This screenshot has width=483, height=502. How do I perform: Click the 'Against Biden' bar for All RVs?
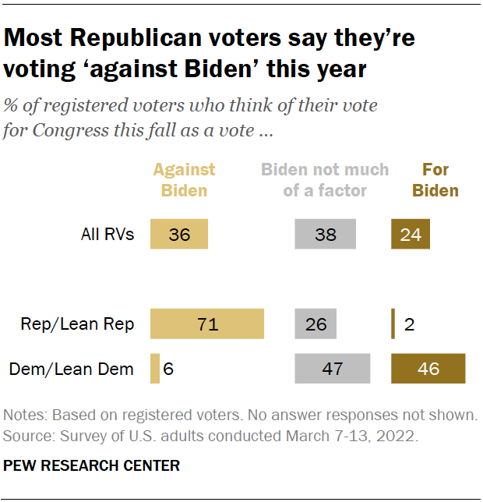[x=179, y=235]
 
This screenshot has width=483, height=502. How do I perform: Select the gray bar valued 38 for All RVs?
[x=325, y=235]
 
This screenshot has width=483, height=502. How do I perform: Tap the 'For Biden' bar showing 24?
[x=411, y=235]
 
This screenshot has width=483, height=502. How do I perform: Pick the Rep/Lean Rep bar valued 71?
[x=207, y=323]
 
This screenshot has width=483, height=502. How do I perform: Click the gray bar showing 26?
[x=316, y=323]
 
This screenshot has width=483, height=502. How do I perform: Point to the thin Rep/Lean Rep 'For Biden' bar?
[x=393, y=323]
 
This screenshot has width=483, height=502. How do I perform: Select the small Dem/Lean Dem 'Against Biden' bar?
[x=155, y=368]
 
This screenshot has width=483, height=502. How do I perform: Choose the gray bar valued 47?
[x=332, y=368]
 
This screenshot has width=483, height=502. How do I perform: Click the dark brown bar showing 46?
[x=428, y=368]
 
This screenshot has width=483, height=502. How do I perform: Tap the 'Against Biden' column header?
[x=184, y=179]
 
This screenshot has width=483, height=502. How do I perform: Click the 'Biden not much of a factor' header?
[x=325, y=179]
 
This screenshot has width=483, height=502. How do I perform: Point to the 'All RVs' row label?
[x=108, y=235]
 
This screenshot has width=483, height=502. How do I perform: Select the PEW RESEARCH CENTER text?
[x=92, y=466]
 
